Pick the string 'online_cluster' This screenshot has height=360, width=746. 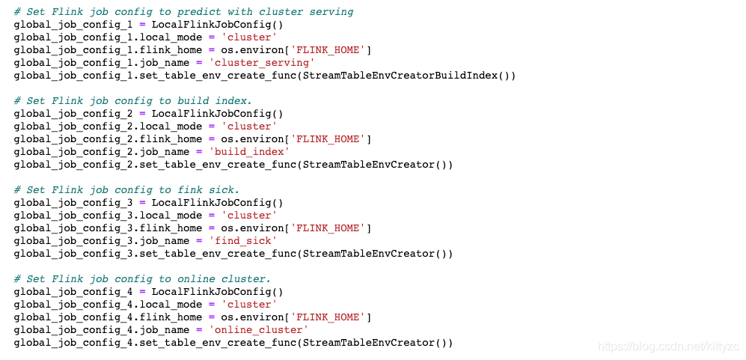coord(258,329)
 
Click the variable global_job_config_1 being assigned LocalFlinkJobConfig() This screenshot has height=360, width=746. coord(73,25)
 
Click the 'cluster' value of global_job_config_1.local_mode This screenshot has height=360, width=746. coord(251,37)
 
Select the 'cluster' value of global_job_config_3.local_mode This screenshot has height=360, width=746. coord(251,215)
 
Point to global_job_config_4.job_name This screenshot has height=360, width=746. coord(104,329)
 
